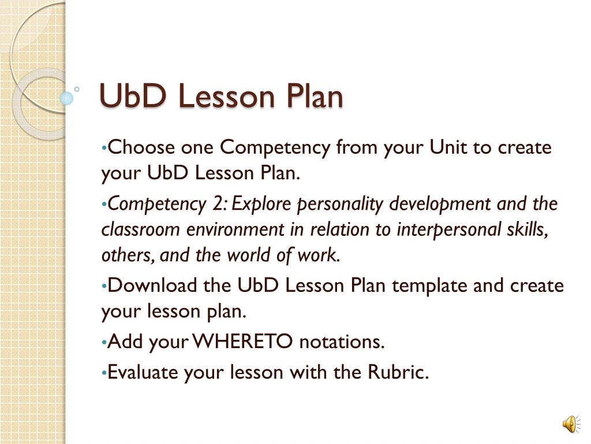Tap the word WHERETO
click(244, 342)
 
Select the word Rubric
click(398, 372)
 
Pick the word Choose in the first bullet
click(142, 147)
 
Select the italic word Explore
click(263, 204)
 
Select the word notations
click(342, 342)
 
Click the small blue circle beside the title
click(67, 98)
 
